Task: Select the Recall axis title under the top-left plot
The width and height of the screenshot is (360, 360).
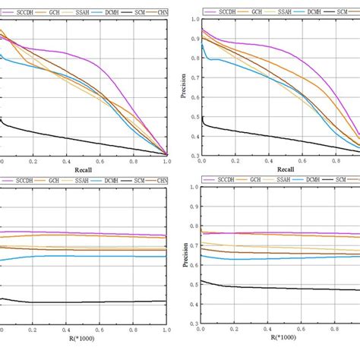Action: click(84, 170)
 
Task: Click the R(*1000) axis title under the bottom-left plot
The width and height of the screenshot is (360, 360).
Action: click(84, 343)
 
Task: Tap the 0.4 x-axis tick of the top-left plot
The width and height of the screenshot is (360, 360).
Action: click(67, 162)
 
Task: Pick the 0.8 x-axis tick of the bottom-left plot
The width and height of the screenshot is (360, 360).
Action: click(134, 332)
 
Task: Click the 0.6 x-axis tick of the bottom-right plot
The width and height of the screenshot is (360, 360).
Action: click(302, 332)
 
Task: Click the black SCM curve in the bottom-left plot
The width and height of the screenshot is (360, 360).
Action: click(84, 302)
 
